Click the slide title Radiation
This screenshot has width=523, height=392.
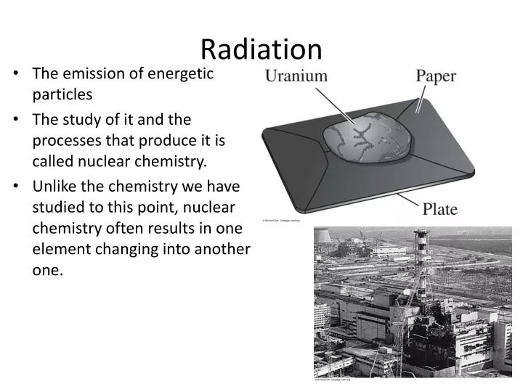pyautogui.click(x=261, y=49)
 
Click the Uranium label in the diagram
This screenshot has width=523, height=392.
pyautogui.click(x=296, y=75)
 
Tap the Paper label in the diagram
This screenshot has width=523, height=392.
pyautogui.click(x=436, y=75)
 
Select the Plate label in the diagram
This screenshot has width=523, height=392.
pyautogui.click(x=440, y=210)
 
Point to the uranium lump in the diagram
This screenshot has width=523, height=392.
pyautogui.click(x=367, y=137)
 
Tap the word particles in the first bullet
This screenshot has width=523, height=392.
pyautogui.click(x=62, y=94)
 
